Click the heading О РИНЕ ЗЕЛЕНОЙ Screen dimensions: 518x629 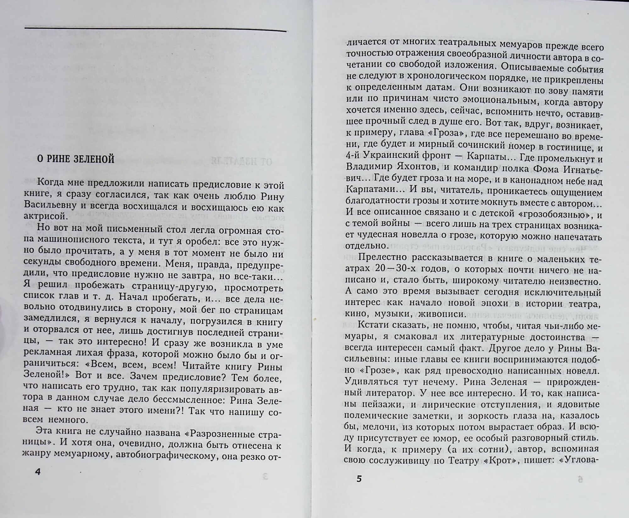[x=75, y=159]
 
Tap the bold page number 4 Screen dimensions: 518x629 [x=38, y=472]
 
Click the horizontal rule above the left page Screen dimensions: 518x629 [x=155, y=29]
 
